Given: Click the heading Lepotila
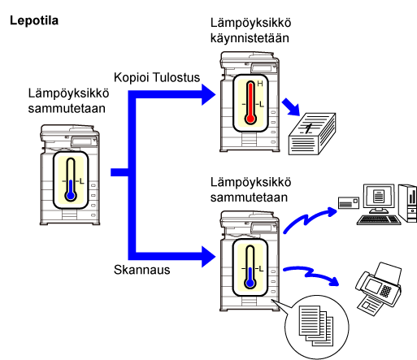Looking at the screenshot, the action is click(x=34, y=20).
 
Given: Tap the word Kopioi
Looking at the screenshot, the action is click(x=132, y=77).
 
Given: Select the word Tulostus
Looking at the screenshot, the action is click(x=176, y=77).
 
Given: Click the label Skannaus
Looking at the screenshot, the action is click(x=142, y=270).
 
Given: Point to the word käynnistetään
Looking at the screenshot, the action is click(x=250, y=38).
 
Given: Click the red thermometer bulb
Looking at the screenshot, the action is click(x=250, y=119).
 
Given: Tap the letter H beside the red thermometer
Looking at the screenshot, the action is click(x=260, y=84).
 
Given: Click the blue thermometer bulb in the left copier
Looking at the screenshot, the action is click(x=71, y=195).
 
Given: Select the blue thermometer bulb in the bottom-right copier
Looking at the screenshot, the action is click(x=250, y=284).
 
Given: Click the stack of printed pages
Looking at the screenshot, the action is click(x=312, y=134).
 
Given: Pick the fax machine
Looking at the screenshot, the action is click(x=379, y=288).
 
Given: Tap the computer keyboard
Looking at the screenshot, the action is click(x=379, y=220).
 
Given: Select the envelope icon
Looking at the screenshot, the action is click(x=349, y=202).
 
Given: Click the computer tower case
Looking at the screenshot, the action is click(x=408, y=203).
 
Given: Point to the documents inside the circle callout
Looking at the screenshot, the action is click(x=316, y=326).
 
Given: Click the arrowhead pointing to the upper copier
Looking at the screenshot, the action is click(x=209, y=94).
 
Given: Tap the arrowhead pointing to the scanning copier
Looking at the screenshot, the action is click(x=209, y=257).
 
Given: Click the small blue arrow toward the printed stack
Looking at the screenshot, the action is click(x=291, y=107).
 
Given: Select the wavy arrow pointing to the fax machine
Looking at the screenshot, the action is click(x=311, y=274).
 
